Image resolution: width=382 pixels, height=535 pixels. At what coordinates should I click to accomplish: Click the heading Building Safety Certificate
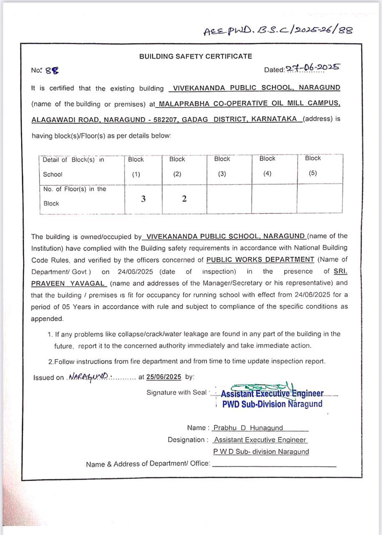(x=195, y=56)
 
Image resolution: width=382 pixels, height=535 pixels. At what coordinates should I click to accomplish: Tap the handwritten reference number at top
(x=278, y=31)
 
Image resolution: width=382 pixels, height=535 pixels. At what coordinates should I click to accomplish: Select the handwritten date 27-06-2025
(x=313, y=68)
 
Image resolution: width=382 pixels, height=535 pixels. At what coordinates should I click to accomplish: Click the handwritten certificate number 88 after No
(x=52, y=71)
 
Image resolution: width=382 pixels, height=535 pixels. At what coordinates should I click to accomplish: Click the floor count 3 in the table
(x=143, y=199)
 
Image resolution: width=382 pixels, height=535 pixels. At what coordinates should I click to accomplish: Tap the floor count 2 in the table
(x=184, y=199)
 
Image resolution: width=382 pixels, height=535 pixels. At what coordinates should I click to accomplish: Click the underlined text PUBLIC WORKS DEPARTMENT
(x=260, y=260)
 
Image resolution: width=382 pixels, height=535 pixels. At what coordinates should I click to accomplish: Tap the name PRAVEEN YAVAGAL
(x=68, y=283)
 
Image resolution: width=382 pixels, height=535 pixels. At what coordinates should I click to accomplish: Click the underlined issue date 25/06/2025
(x=163, y=377)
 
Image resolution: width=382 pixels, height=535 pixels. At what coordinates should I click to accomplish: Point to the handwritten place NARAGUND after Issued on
(x=89, y=376)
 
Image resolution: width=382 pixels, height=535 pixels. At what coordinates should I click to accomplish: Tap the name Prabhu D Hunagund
(x=248, y=428)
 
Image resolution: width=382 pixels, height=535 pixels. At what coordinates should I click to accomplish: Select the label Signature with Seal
(x=177, y=392)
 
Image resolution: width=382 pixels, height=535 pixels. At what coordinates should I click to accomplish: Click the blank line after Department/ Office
(x=274, y=464)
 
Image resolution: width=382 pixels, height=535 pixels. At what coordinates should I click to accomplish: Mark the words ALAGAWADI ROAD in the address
(x=65, y=119)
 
